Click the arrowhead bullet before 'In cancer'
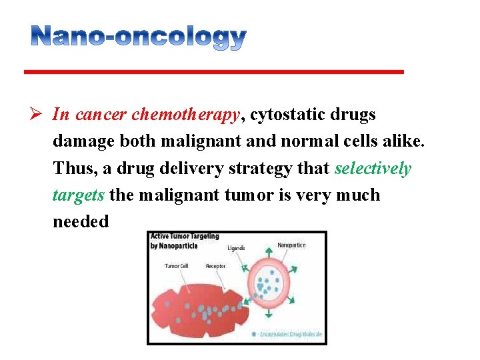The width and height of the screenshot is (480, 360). click(x=39, y=115)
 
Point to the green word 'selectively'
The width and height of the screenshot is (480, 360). click(x=373, y=168)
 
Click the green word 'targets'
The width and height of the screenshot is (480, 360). click(x=78, y=195)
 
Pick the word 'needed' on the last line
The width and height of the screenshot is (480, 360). click(x=80, y=221)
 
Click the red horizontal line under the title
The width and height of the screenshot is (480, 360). click(x=214, y=71)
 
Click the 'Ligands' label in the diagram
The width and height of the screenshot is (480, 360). click(x=236, y=248)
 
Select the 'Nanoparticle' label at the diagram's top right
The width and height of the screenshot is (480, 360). click(x=291, y=245)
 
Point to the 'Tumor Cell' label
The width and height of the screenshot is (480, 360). click(x=176, y=266)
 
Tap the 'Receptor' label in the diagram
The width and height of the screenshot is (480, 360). click(x=215, y=266)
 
